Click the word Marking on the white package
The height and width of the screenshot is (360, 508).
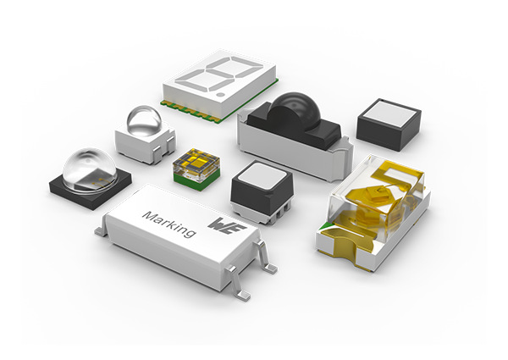pyautogui.click(x=169, y=219)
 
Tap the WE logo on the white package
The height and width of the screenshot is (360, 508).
pyautogui.click(x=223, y=226)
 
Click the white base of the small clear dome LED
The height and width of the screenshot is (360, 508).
pyautogui.click(x=139, y=146)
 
